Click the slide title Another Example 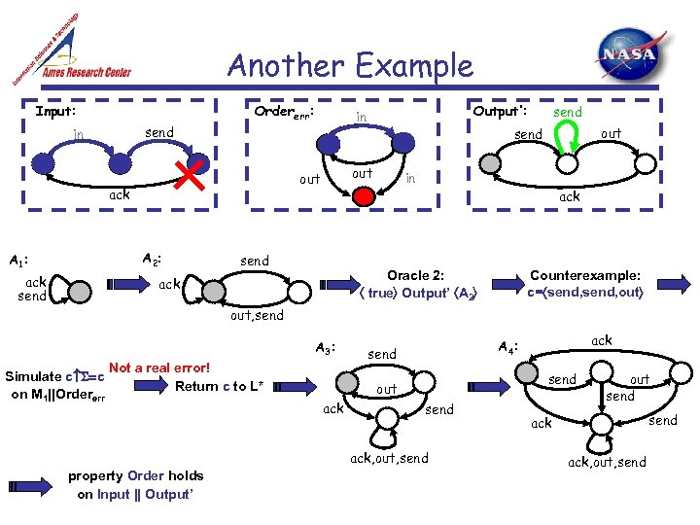(350, 66)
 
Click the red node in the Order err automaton (364, 196)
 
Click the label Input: (55, 111)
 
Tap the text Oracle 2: (416, 275)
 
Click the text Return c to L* (220, 386)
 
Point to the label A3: (327, 348)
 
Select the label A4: (507, 347)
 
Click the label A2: (151, 259)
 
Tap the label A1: (17, 261)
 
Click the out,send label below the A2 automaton (257, 316)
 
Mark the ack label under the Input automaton (119, 194)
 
